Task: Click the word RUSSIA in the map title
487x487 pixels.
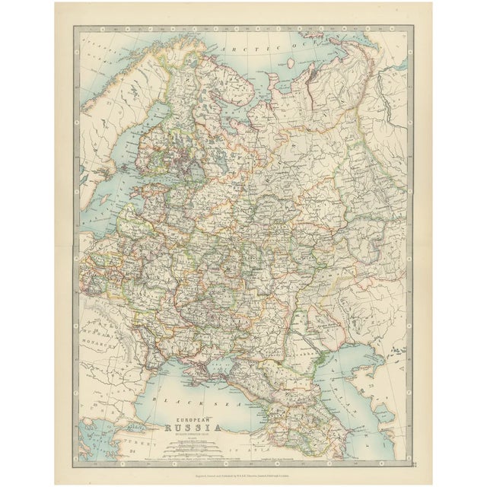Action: pyautogui.click(x=195, y=426)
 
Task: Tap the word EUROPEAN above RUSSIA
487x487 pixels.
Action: pyautogui.click(x=195, y=418)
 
